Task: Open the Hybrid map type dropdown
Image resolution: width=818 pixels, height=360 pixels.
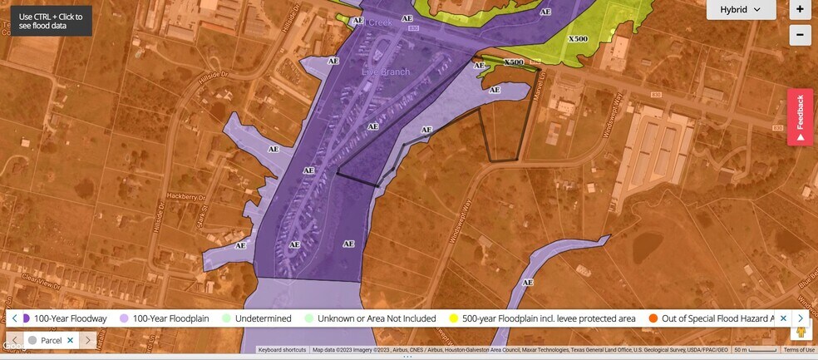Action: (x=741, y=10)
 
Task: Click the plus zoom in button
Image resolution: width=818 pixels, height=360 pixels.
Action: (x=800, y=10)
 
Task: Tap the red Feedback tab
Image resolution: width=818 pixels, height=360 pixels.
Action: (x=800, y=116)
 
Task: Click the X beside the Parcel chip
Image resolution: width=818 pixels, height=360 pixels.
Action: (x=71, y=340)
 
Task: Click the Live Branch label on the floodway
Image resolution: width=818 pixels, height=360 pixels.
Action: (x=386, y=72)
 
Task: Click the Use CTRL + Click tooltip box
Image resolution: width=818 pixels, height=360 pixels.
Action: (x=51, y=21)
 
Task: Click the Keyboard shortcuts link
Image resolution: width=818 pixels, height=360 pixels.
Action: (x=282, y=350)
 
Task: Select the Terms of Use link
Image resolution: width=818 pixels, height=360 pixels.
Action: (x=799, y=350)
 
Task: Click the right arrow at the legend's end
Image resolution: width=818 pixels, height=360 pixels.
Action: (x=801, y=318)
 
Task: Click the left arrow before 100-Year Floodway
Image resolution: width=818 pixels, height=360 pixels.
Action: (x=14, y=318)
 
